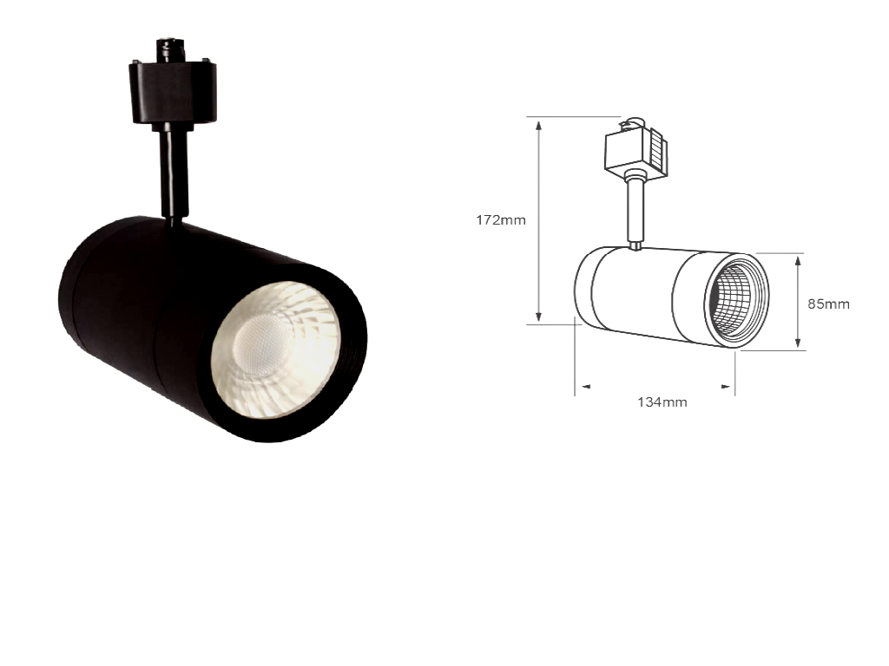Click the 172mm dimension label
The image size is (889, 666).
click(501, 219)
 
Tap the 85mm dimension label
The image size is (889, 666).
click(828, 304)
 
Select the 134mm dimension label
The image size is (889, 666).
click(662, 402)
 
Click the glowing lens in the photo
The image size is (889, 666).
click(276, 349)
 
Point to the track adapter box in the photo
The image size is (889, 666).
click(173, 93)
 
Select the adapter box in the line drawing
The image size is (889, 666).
click(634, 150)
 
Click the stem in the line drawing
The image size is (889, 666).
click(635, 210)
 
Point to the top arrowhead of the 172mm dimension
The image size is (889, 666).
click(538, 125)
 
